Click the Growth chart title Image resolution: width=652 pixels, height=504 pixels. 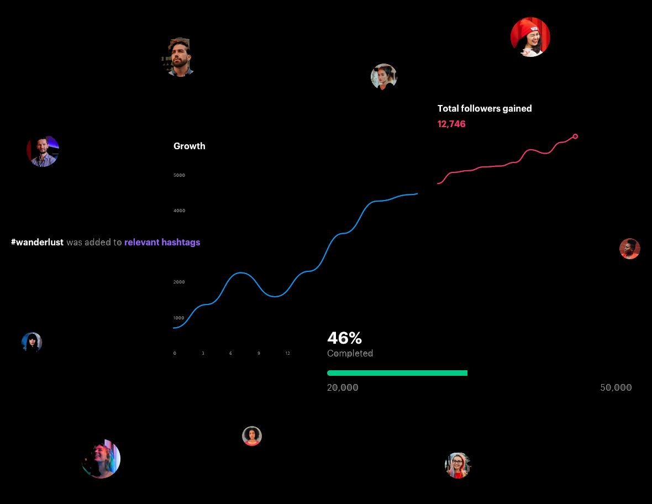pos(190,146)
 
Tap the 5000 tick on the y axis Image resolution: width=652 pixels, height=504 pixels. pos(179,175)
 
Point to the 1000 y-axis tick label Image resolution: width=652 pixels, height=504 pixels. pos(178,318)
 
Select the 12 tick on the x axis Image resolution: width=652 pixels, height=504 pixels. pos(287,353)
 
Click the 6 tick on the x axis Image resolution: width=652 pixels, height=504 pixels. pos(230,353)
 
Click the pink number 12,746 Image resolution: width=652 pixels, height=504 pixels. pos(451,124)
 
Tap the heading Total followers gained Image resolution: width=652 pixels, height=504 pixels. pos(485,108)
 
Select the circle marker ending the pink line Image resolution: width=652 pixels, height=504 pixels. pos(575,136)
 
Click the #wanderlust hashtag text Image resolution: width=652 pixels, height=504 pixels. pos(37,242)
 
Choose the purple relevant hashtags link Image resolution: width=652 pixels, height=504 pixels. pos(162,242)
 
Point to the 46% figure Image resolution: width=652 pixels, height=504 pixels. pos(344,338)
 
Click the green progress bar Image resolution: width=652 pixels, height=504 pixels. pos(397,373)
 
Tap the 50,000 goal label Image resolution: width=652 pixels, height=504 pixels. pos(616,387)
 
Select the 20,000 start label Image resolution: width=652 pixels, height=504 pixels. pos(343,387)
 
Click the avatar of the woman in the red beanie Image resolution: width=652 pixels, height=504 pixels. pos(530,37)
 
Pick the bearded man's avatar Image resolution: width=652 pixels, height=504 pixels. pos(178,57)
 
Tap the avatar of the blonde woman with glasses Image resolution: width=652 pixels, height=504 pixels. pos(458,465)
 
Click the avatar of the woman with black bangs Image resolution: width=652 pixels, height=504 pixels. pos(32,343)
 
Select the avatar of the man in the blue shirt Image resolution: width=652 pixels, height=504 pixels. pos(43,151)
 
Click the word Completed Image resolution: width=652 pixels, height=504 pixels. pos(350,353)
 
